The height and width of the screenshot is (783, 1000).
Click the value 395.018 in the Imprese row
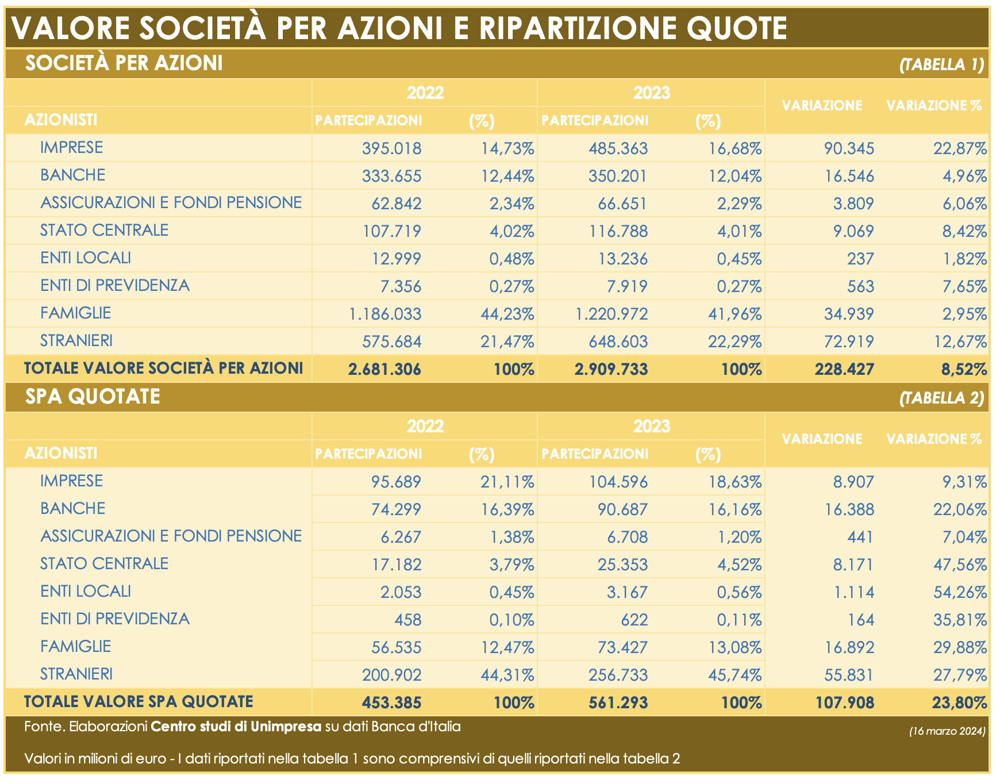pyautogui.click(x=391, y=148)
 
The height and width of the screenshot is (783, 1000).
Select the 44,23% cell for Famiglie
pyautogui.click(x=507, y=314)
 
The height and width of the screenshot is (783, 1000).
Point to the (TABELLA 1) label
pyautogui.click(x=942, y=64)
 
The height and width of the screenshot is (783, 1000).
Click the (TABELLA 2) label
pyautogui.click(x=942, y=398)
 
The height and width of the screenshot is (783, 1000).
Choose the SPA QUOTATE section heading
pyautogui.click(x=93, y=397)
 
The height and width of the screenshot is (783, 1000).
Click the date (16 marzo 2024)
pyautogui.click(x=947, y=731)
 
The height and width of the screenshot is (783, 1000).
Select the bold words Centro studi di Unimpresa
pyautogui.click(x=236, y=727)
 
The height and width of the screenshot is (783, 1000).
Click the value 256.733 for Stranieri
pyautogui.click(x=618, y=675)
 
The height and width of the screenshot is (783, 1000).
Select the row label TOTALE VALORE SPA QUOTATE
pyautogui.click(x=139, y=702)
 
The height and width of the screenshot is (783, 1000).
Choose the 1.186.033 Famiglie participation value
pyautogui.click(x=385, y=314)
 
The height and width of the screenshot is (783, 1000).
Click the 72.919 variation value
pyautogui.click(x=849, y=342)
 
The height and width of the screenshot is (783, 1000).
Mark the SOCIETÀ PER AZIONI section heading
pyautogui.click(x=124, y=63)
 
